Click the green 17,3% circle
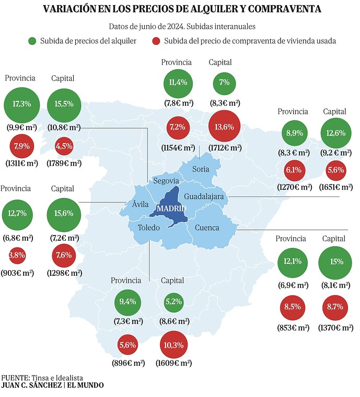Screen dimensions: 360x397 click(x=22, y=105)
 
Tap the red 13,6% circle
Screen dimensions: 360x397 click(x=224, y=126)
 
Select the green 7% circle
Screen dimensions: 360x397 click(x=224, y=83)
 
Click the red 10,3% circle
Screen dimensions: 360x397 click(x=173, y=345)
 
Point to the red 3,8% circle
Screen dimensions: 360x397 click(x=17, y=255)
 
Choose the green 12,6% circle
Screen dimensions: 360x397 click(x=336, y=133)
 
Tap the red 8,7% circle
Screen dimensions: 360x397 click(x=335, y=308)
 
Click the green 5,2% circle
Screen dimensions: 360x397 click(x=173, y=302)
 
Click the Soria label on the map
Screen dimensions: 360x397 click(x=201, y=169)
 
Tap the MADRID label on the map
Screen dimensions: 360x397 click(x=171, y=208)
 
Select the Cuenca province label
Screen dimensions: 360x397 click(x=207, y=228)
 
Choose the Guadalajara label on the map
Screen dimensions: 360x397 click(x=204, y=196)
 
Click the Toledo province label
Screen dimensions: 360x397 click(x=148, y=227)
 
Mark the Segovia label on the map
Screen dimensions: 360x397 click(x=166, y=181)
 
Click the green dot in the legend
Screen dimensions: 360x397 click(x=32, y=41)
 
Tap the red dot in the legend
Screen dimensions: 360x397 click(x=156, y=41)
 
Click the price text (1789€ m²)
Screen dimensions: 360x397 click(x=64, y=164)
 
